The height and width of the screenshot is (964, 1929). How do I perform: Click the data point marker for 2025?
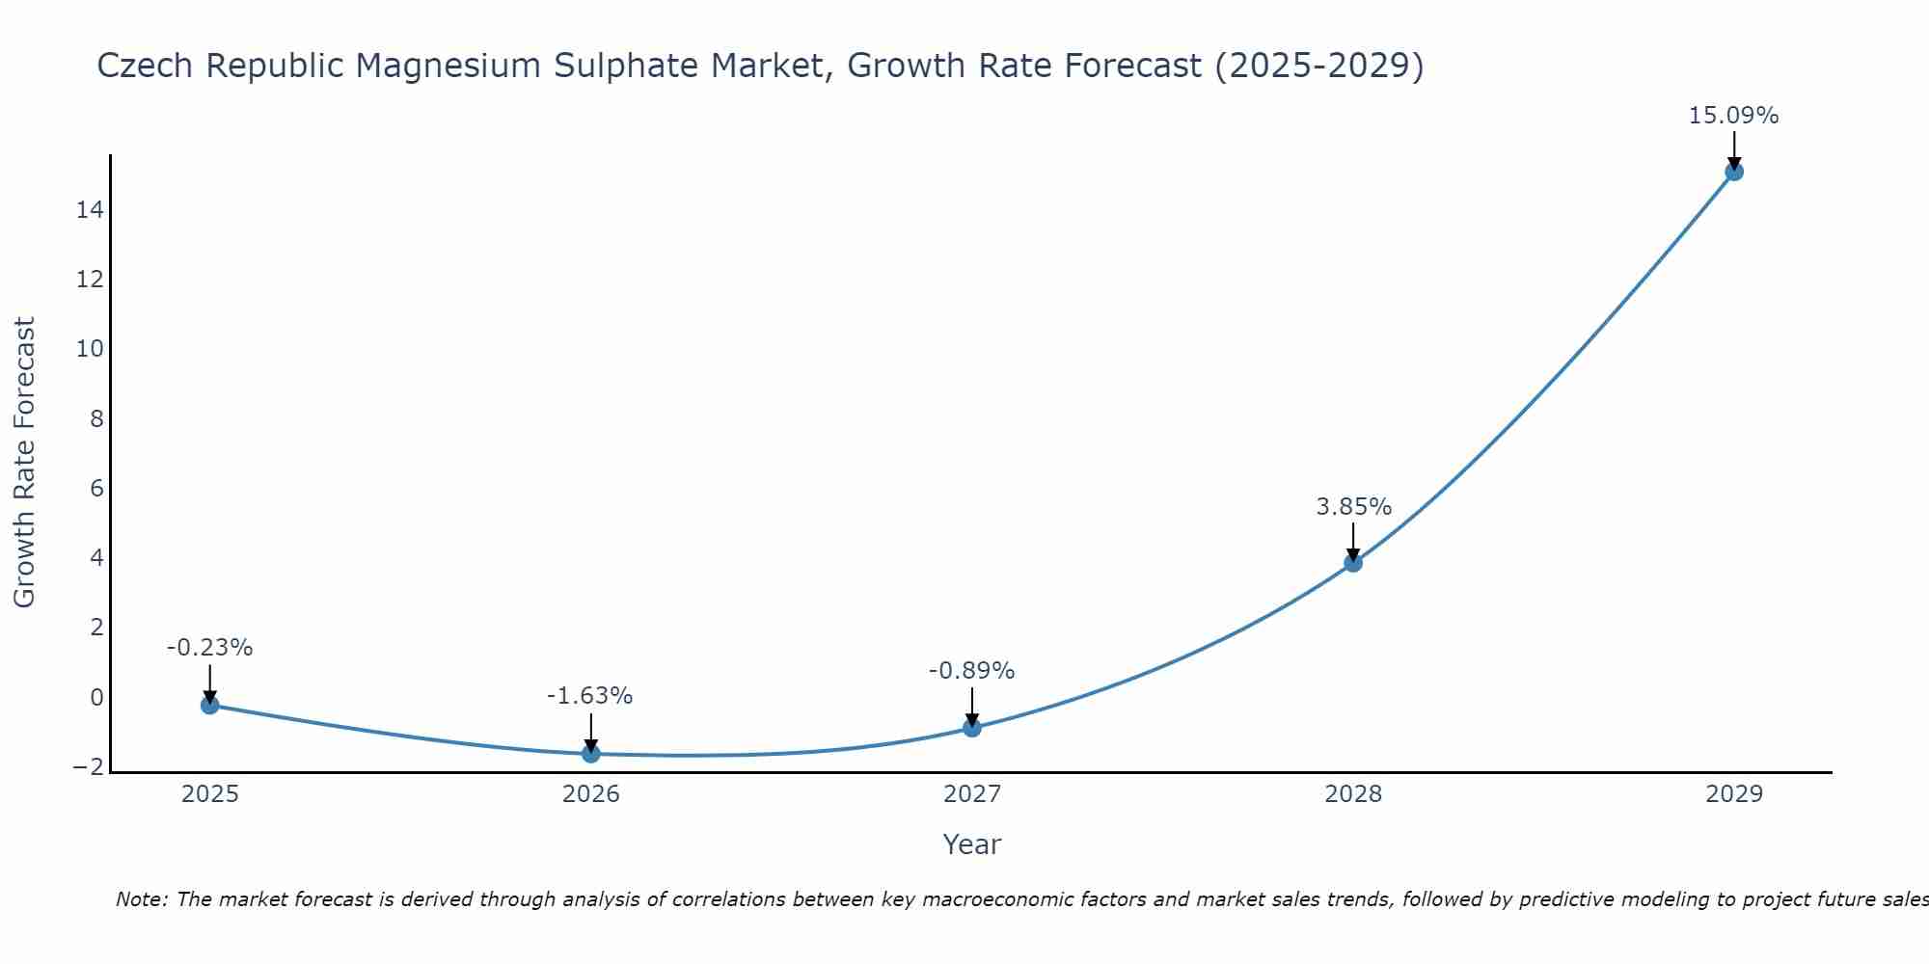pyautogui.click(x=209, y=705)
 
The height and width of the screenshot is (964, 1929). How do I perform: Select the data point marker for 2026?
pyautogui.click(x=591, y=753)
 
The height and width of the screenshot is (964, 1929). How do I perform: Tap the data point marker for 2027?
pyautogui.click(x=972, y=728)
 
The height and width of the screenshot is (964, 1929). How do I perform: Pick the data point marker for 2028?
pyautogui.click(x=1353, y=563)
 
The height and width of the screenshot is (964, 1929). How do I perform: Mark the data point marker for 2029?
pyautogui.click(x=1734, y=172)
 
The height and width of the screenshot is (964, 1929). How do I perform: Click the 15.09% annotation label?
pyautogui.click(x=1733, y=116)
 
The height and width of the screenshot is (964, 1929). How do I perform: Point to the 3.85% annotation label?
pyautogui.click(x=1353, y=507)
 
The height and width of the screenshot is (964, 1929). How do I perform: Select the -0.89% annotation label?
pyautogui.click(x=971, y=671)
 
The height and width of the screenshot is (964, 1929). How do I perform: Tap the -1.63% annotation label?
pyautogui.click(x=589, y=696)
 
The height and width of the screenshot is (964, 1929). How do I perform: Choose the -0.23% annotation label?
pyautogui.click(x=209, y=648)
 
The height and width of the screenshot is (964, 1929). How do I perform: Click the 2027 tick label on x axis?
pyautogui.click(x=972, y=794)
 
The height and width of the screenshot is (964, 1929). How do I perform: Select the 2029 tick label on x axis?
pyautogui.click(x=1734, y=794)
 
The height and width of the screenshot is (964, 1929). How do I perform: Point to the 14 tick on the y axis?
pyautogui.click(x=90, y=209)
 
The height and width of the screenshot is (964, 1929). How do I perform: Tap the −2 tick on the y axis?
pyautogui.click(x=88, y=767)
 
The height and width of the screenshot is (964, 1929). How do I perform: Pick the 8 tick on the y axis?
pyautogui.click(x=96, y=418)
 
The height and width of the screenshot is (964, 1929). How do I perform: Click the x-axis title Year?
pyautogui.click(x=972, y=844)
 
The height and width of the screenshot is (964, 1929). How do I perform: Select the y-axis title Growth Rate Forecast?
pyautogui.click(x=24, y=463)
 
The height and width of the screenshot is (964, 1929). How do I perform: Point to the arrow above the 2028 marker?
pyautogui.click(x=1353, y=541)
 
